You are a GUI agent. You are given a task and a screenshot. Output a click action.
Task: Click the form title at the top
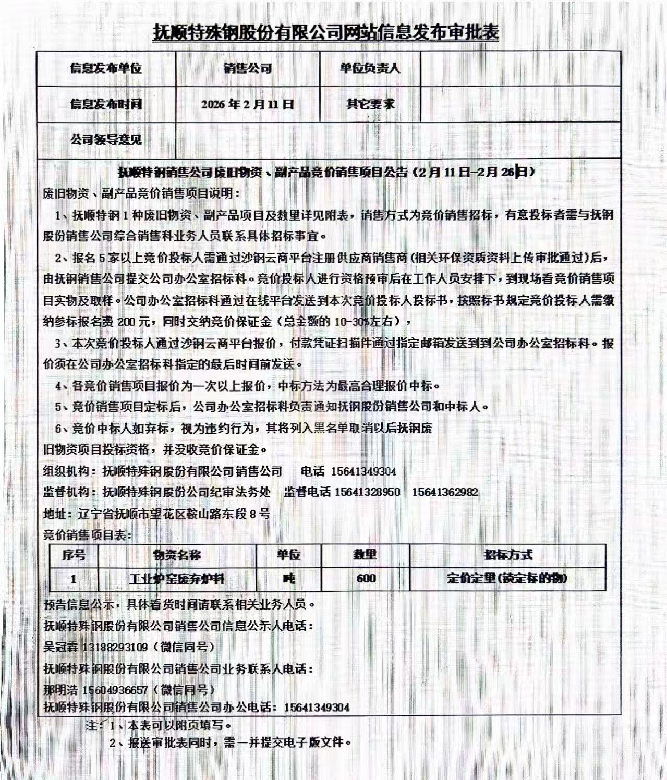[x=326, y=32]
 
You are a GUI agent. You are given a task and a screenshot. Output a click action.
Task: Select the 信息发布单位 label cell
[x=106, y=68]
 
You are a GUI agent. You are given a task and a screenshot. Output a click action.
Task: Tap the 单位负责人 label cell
[x=370, y=68]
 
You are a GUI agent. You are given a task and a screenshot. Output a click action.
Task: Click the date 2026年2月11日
[x=248, y=104]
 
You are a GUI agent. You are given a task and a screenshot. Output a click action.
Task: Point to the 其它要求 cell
[x=370, y=104]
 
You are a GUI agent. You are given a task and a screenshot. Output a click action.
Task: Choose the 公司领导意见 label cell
[x=106, y=140]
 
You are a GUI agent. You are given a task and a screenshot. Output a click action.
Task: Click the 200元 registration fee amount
[x=134, y=322]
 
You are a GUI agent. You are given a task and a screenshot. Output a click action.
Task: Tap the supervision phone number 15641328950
[x=367, y=492]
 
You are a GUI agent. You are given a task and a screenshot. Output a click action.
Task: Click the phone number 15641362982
[x=445, y=492]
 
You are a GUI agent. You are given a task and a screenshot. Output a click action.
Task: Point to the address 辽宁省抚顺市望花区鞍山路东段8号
[x=174, y=514]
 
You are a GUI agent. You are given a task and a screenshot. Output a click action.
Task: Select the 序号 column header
[x=74, y=555]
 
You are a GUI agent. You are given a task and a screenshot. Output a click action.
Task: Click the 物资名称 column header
[x=177, y=555]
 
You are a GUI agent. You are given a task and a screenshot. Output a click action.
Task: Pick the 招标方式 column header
[x=507, y=555]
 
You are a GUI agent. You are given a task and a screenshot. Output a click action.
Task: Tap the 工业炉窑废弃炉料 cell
[x=177, y=579]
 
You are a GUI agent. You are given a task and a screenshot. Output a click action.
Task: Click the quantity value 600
[x=365, y=579]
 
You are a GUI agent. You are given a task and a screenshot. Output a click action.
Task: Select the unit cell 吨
[x=288, y=579]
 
